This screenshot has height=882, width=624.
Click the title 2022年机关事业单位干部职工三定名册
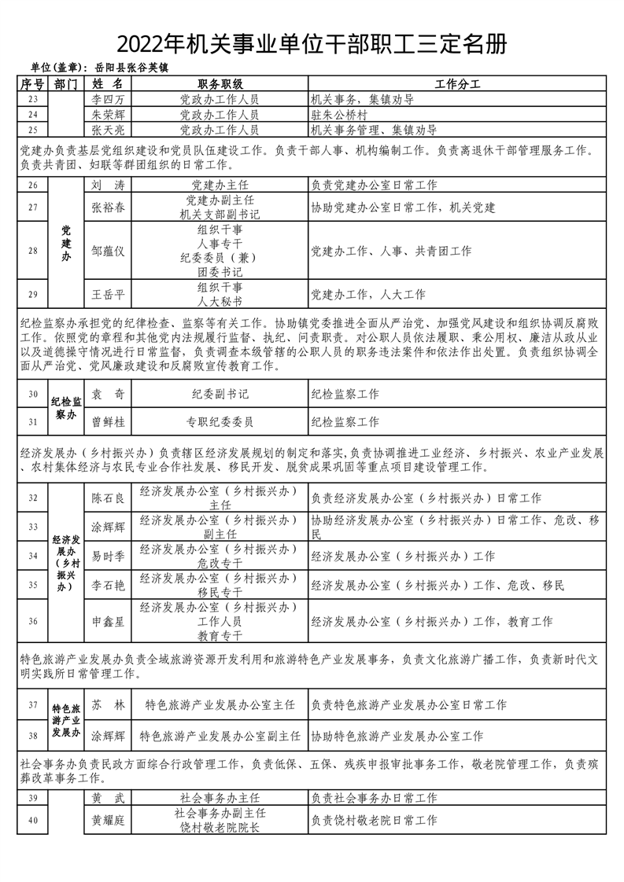[x=312, y=44]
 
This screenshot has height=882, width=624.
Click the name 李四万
[x=108, y=100]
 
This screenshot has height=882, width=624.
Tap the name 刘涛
[x=108, y=186]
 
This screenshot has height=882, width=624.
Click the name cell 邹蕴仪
[x=108, y=251]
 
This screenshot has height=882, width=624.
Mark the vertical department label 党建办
[x=65, y=244]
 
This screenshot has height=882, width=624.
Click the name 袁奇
[x=108, y=394]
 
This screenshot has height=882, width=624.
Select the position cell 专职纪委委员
[x=220, y=422]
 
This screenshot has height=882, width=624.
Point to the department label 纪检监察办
[x=65, y=408]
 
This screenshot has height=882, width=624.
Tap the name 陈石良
[x=108, y=498]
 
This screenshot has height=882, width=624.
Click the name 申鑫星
[x=108, y=621]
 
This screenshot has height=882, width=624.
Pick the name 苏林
[x=108, y=705]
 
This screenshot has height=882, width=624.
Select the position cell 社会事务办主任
[x=220, y=799]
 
